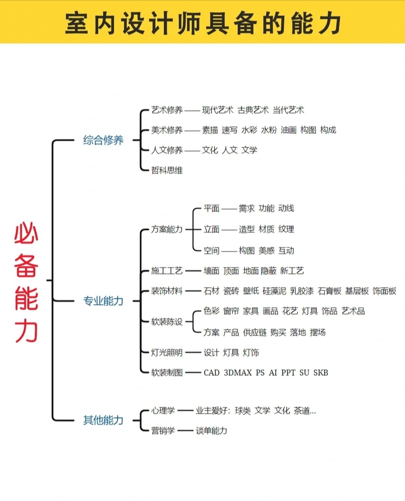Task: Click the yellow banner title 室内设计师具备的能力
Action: (x=202, y=23)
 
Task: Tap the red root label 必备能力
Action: (x=26, y=281)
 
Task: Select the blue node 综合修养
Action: (x=103, y=140)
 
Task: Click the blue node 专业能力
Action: (x=103, y=301)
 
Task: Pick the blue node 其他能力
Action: (x=103, y=420)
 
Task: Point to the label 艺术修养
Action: (x=167, y=110)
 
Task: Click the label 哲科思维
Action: (x=167, y=170)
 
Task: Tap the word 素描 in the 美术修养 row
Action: (x=210, y=130)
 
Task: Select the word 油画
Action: (x=288, y=130)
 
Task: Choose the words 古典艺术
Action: (x=253, y=110)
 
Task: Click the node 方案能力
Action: (x=167, y=229)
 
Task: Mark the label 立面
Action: (x=211, y=229)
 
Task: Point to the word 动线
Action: (x=286, y=208)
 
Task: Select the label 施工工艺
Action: (x=167, y=271)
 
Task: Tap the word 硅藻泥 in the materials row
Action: (x=274, y=291)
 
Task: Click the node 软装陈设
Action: (x=167, y=322)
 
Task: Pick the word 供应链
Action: (x=255, y=332)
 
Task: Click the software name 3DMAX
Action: (x=238, y=373)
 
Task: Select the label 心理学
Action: (x=163, y=411)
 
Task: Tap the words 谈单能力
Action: (x=211, y=431)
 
